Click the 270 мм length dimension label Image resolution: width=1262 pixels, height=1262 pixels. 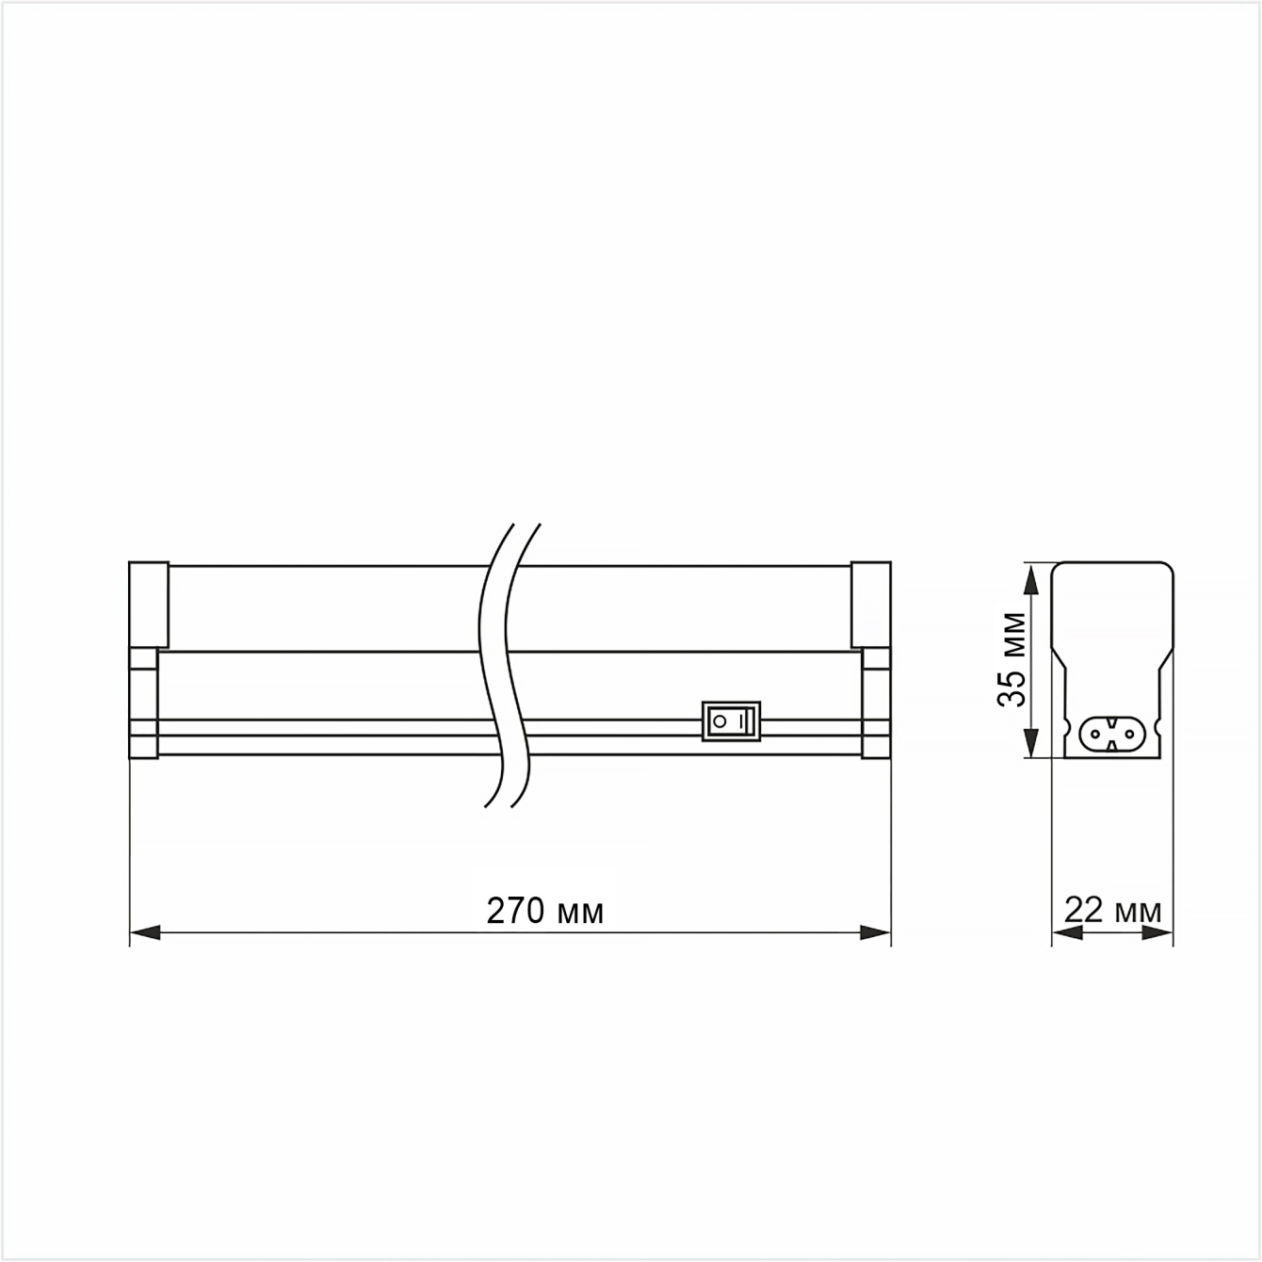(545, 911)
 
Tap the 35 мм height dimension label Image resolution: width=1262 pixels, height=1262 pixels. (1011, 659)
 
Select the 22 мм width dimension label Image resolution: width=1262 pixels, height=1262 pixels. (1112, 910)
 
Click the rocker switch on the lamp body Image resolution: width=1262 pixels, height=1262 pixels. (731, 721)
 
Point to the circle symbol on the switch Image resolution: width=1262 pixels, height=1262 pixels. (720, 722)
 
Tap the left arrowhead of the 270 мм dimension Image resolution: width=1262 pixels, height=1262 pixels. (145, 932)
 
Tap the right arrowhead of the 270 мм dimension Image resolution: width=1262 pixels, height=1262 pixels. (876, 932)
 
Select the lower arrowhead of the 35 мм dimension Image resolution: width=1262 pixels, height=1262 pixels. (1031, 743)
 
